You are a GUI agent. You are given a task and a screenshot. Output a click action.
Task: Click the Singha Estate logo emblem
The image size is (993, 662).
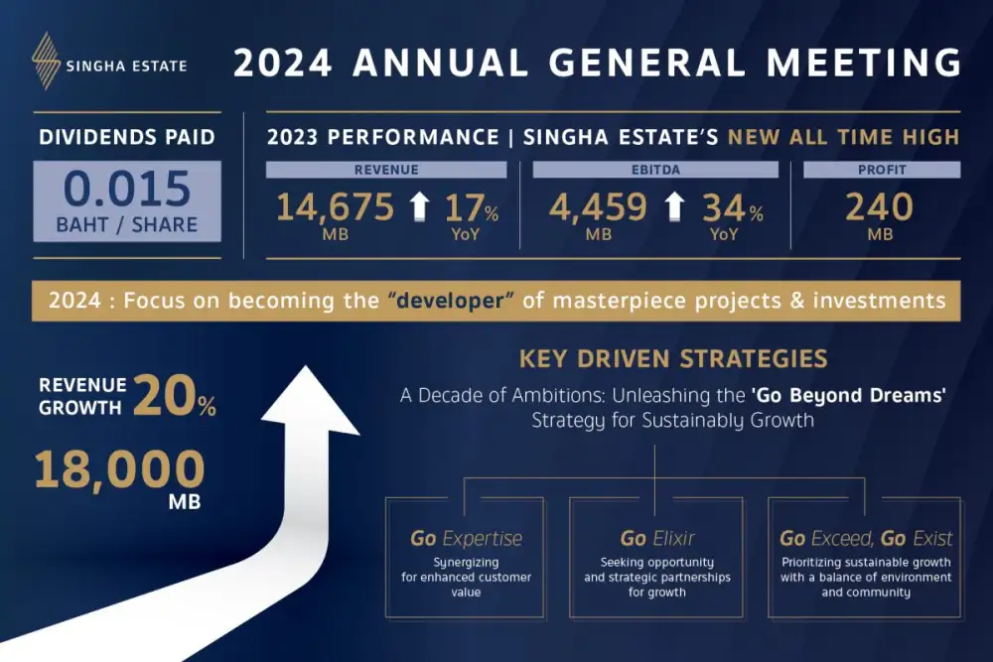45,61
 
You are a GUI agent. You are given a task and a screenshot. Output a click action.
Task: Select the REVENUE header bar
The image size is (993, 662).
386,170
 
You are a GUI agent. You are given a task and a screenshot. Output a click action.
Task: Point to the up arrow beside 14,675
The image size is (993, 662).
419,207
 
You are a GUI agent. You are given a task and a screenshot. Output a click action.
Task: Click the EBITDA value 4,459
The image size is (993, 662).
598,206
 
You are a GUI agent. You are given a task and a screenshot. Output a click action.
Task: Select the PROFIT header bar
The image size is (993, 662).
881,170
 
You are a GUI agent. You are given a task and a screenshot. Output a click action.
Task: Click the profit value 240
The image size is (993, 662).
880,206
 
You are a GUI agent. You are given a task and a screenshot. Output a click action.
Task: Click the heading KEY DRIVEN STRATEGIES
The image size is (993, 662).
673,358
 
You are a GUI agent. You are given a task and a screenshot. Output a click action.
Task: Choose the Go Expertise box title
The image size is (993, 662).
466,539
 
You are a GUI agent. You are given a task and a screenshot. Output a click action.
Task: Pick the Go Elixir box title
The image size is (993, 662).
657,539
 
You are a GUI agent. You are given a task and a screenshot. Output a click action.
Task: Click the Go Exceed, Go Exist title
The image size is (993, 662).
866,539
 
